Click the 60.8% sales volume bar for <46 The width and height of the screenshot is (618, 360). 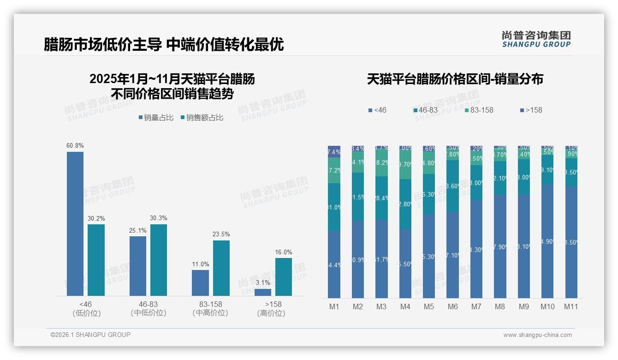pyautogui.click(x=75, y=224)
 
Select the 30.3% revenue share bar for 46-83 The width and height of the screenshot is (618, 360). pyautogui.click(x=159, y=260)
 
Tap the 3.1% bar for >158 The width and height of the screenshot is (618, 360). pyautogui.click(x=263, y=292)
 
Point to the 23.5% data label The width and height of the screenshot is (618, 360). pyautogui.click(x=221, y=234)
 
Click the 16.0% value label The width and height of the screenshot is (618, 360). pyautogui.click(x=284, y=252)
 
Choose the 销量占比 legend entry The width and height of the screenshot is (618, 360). pyautogui.click(x=156, y=118)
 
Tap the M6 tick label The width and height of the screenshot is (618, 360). pyautogui.click(x=453, y=307)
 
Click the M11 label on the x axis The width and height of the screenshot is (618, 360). pyautogui.click(x=571, y=307)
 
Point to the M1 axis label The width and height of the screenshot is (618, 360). pyautogui.click(x=334, y=307)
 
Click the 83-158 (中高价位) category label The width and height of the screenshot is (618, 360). pyautogui.click(x=210, y=308)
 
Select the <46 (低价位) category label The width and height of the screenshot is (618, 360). pyautogui.click(x=86, y=308)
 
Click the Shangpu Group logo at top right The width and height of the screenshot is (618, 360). pyautogui.click(x=536, y=39)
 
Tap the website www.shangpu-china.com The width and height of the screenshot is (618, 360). pyautogui.click(x=537, y=335)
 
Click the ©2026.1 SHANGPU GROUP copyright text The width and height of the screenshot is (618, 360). pyautogui.click(x=90, y=335)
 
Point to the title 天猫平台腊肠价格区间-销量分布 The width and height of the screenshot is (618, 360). pyautogui.click(x=455, y=79)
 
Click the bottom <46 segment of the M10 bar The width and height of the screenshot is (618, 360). pyautogui.click(x=547, y=241)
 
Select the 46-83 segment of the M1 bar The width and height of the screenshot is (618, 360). pyautogui.click(x=334, y=207)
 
